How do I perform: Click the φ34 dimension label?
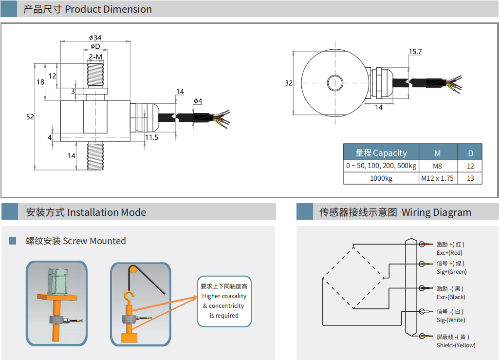(x=95, y=38)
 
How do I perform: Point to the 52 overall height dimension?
(x=30, y=117)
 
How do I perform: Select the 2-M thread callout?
(x=95, y=57)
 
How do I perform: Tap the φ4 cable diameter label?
(x=198, y=101)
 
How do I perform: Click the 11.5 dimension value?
(x=152, y=138)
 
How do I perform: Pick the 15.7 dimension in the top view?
(x=415, y=51)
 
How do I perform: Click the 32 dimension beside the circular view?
(x=289, y=83)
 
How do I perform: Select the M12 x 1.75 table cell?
(x=437, y=178)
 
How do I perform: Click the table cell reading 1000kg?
(x=381, y=178)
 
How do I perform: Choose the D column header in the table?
(x=470, y=153)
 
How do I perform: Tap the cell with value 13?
(x=470, y=178)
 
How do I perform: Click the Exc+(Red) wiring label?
(x=449, y=253)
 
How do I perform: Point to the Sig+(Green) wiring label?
(x=451, y=272)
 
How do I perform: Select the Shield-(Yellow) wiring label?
(x=456, y=345)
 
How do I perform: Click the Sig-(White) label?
(x=450, y=320)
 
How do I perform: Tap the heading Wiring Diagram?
(x=436, y=212)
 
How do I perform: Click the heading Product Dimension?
(x=108, y=9)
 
